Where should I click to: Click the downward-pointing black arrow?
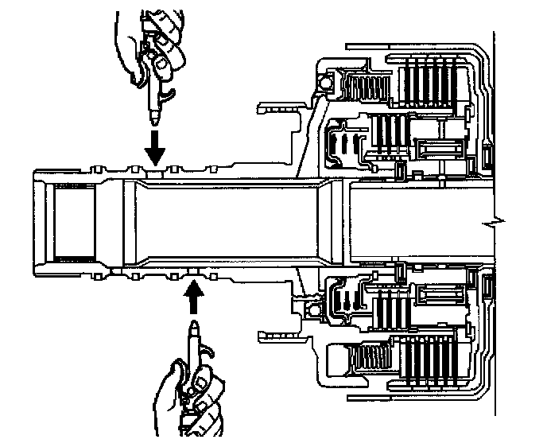[156, 145]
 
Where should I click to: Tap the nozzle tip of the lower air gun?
[193, 325]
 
